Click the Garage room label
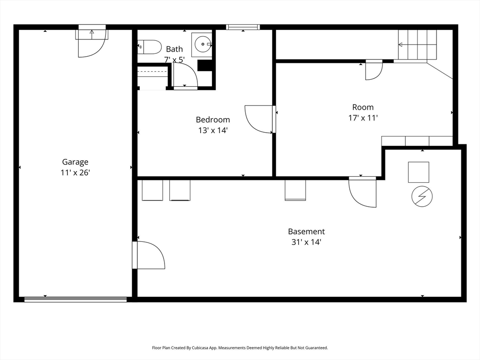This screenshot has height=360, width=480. coord(75,162)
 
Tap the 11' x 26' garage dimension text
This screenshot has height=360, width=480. coord(75,173)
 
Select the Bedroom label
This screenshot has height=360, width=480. coord(213,120)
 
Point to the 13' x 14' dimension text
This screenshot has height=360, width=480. coord(213,130)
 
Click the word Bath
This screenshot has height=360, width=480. coord(174,49)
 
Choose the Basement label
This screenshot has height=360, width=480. coord(306,232)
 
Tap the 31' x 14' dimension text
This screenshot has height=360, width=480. coord(306,242)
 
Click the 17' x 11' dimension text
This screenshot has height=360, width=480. coord(363,118)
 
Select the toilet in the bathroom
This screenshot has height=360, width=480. coord(150,47)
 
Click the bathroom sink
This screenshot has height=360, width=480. coord(202,45)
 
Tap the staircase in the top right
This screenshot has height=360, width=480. coord(417,45)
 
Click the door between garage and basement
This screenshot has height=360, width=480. coord(149,255)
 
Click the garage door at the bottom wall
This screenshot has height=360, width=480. coord(75,299)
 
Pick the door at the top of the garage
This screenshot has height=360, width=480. coord(92,43)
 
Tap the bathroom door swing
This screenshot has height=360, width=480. coord(185,75)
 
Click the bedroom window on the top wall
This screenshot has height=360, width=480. coord(243,27)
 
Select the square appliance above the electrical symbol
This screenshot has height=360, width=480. coord(418,172)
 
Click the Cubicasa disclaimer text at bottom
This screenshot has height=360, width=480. coord(240,348)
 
